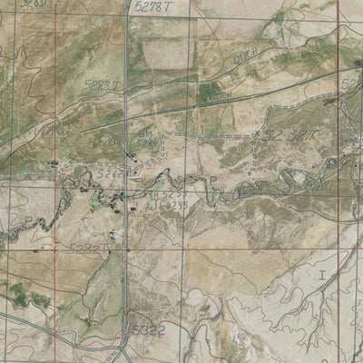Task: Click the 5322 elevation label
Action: pos(148,330)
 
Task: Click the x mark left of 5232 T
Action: pos(265,136)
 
